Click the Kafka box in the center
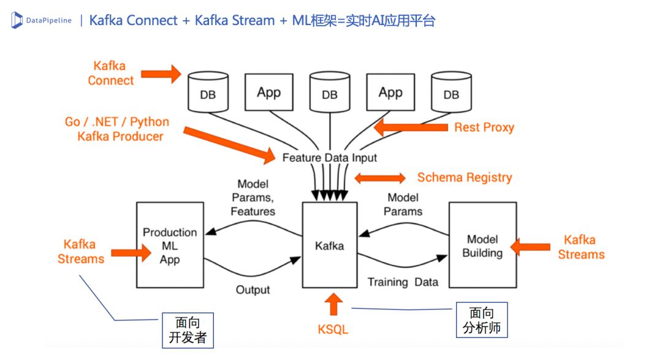330,247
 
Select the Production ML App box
170,246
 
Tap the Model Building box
482,246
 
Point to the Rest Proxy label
484,128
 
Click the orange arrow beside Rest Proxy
411,128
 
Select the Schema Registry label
464,178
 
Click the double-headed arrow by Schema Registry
380,178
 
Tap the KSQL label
333,329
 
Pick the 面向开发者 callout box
187,330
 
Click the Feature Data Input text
329,158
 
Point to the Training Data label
403,282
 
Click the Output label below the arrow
253,289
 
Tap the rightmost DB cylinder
451,93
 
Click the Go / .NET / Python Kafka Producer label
117,129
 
